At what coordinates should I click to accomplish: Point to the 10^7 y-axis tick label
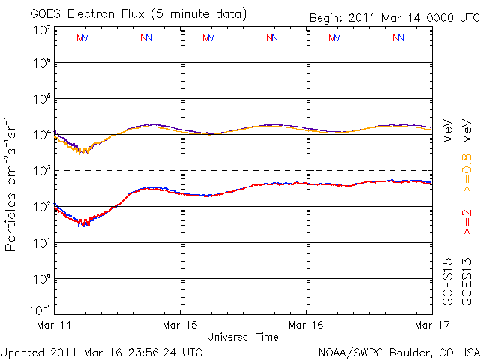point(41,30)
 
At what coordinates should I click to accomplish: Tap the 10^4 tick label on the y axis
point(41,135)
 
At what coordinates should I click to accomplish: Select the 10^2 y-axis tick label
point(41,207)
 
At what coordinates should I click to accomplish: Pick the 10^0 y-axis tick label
point(41,279)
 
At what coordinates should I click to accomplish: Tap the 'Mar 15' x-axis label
point(181,326)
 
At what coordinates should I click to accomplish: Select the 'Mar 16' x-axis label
point(307,326)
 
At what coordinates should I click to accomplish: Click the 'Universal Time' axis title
point(243,337)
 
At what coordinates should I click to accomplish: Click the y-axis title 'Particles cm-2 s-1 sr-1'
point(13,184)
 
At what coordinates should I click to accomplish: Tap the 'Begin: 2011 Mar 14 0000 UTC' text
point(394,17)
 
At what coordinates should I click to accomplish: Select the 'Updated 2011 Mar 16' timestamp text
point(101,351)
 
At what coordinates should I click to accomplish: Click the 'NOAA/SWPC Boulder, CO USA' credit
point(397,351)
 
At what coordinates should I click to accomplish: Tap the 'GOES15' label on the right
point(448,281)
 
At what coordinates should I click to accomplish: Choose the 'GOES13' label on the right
point(466,281)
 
